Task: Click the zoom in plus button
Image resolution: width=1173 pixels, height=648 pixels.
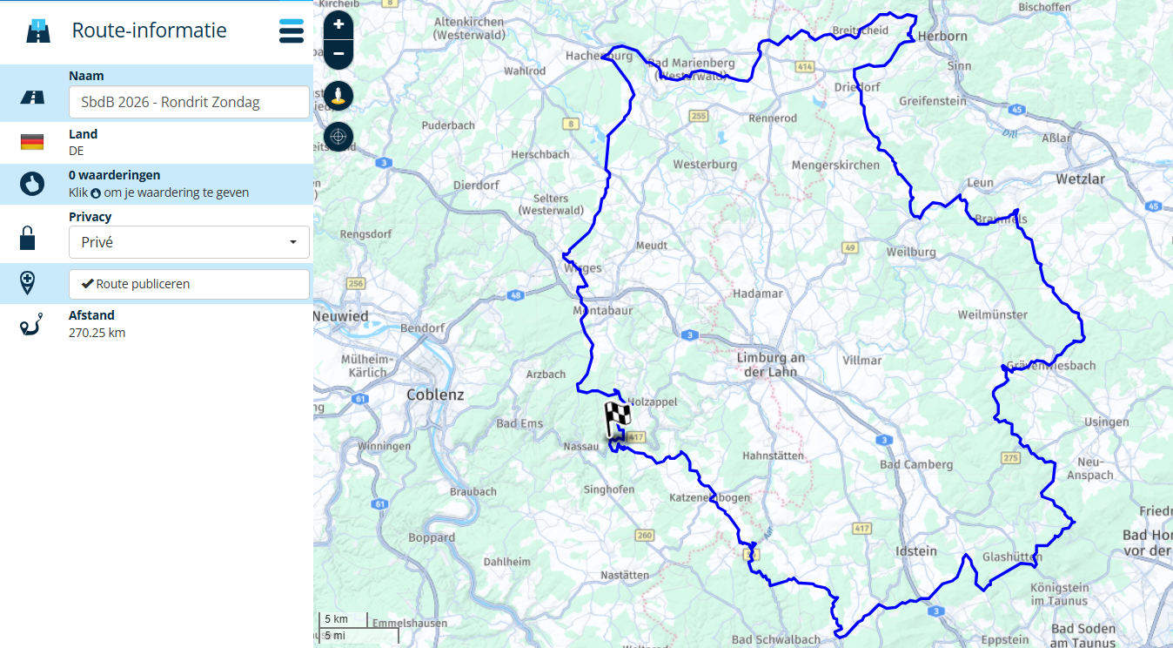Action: click(338, 24)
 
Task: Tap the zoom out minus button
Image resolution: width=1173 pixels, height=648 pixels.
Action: click(338, 54)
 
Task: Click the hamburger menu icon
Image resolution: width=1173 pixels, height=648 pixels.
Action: click(292, 30)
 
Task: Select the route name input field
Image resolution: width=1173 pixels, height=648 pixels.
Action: click(189, 102)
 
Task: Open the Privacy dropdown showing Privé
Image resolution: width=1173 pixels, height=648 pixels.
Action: click(189, 242)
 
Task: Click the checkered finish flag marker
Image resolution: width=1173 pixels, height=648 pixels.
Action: click(617, 422)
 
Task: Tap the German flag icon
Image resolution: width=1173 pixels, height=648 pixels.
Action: click(32, 142)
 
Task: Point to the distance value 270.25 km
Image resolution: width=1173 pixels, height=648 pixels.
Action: click(97, 333)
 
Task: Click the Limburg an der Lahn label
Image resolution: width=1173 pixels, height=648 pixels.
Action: click(771, 365)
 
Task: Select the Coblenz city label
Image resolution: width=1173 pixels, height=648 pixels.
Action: click(435, 395)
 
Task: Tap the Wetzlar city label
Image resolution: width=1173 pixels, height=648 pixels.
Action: click(1079, 179)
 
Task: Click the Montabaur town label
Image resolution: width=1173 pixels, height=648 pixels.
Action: click(602, 310)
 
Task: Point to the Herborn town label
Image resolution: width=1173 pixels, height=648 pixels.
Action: click(942, 36)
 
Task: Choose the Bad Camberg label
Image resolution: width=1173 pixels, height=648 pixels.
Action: click(916, 464)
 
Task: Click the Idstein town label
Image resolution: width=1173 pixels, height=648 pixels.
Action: click(916, 550)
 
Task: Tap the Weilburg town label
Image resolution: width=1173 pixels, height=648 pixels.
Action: click(911, 252)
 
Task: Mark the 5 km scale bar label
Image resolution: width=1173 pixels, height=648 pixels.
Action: click(336, 618)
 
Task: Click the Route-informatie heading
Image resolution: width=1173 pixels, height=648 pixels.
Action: click(149, 30)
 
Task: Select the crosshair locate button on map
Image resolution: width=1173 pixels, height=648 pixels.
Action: click(338, 136)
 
